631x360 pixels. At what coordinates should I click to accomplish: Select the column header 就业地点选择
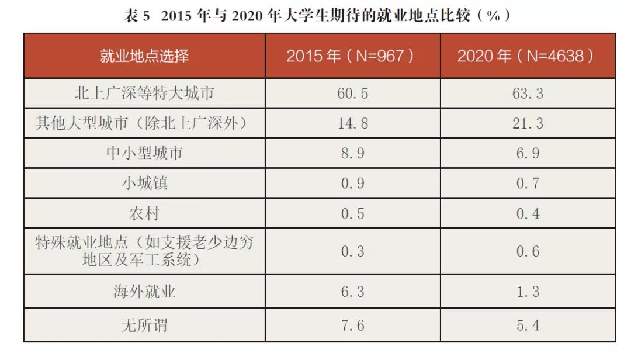pyautogui.click(x=144, y=56)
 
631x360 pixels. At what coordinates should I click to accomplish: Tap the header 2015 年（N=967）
pyautogui.click(x=352, y=56)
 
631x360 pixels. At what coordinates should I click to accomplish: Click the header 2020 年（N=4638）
pyautogui.click(x=526, y=56)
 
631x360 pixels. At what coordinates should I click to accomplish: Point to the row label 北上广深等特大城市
pyautogui.click(x=144, y=94)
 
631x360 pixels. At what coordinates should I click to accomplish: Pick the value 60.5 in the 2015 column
pyautogui.click(x=352, y=94)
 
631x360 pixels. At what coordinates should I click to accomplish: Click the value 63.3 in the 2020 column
pyautogui.click(x=527, y=94)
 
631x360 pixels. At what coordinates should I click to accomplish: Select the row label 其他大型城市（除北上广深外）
pyautogui.click(x=144, y=123)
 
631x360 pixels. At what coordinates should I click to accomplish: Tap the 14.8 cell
pyautogui.click(x=352, y=123)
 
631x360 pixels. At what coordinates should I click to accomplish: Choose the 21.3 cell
pyautogui.click(x=527, y=123)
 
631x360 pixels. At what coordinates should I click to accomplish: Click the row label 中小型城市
pyautogui.click(x=144, y=154)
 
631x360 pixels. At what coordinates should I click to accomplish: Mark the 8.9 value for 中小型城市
pyautogui.click(x=352, y=154)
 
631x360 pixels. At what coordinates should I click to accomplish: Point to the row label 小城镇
pyautogui.click(x=144, y=184)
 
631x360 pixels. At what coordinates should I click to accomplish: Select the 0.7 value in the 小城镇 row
pyautogui.click(x=527, y=184)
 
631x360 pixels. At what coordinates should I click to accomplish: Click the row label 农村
pyautogui.click(x=144, y=213)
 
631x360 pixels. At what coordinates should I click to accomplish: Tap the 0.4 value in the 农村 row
pyautogui.click(x=527, y=213)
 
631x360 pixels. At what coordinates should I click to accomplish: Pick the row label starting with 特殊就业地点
pyautogui.click(x=144, y=251)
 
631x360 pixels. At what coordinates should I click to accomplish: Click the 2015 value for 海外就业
pyautogui.click(x=352, y=292)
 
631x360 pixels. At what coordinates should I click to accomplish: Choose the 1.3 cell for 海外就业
pyautogui.click(x=527, y=292)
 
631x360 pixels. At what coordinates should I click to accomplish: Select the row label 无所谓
pyautogui.click(x=144, y=325)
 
